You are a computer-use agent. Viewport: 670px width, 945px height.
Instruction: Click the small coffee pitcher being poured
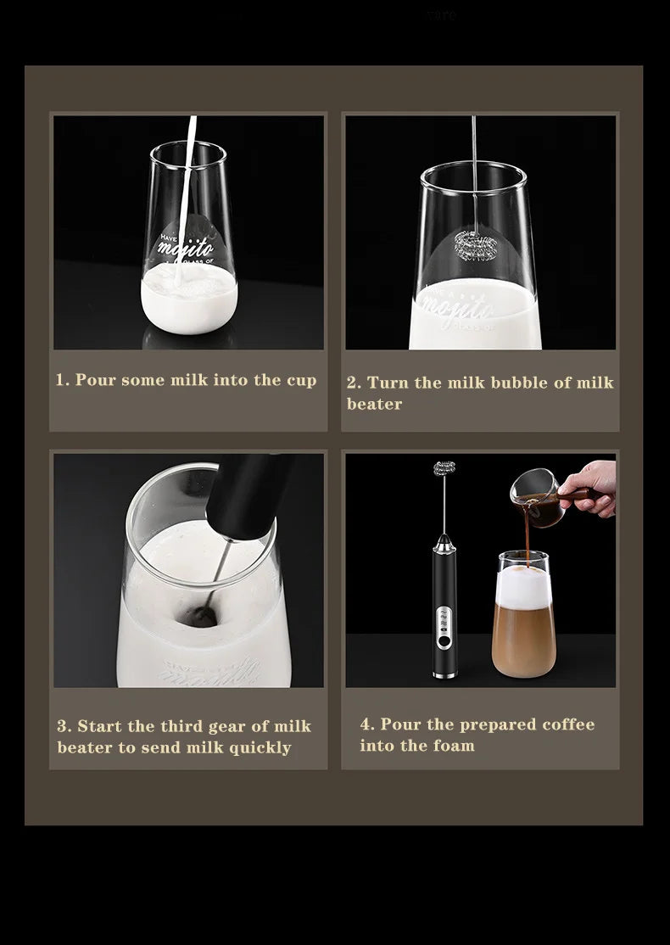click(531, 493)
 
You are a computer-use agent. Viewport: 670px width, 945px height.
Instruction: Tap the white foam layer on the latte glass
click(522, 583)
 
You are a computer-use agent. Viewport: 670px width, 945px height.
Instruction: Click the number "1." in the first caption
click(63, 380)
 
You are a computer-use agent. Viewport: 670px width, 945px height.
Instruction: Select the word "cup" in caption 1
click(301, 381)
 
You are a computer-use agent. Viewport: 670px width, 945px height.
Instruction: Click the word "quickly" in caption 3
click(260, 747)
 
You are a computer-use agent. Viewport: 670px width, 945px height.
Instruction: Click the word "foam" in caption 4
click(452, 746)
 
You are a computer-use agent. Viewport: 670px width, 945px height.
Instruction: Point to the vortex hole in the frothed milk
click(203, 612)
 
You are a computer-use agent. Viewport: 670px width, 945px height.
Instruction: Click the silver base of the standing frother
click(444, 673)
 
